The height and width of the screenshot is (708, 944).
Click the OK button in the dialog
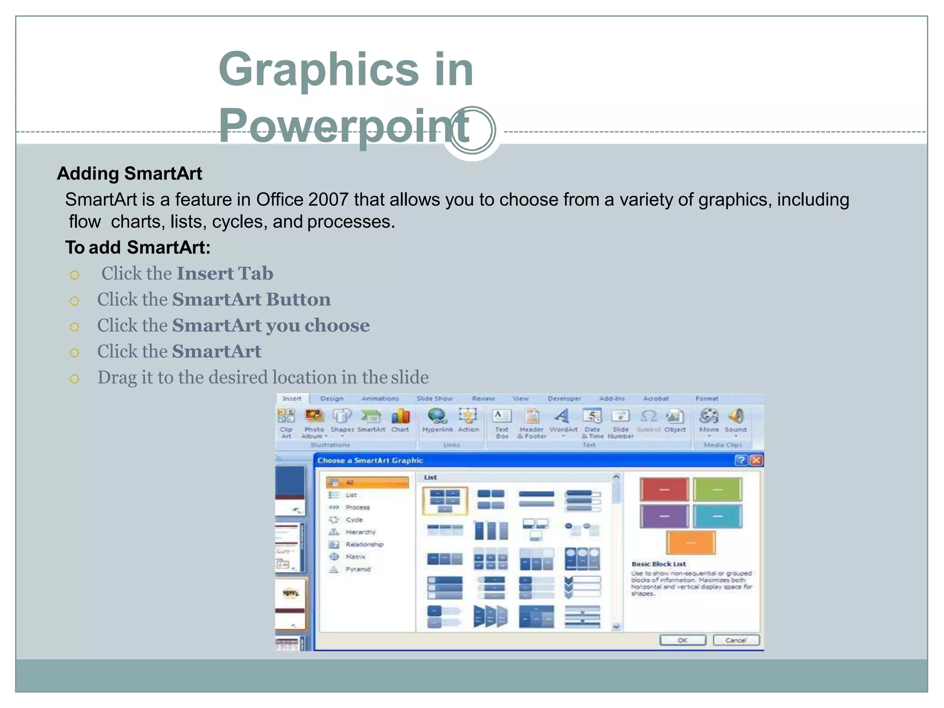682,640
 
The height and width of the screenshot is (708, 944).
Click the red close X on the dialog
756,460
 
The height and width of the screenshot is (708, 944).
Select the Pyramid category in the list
357,569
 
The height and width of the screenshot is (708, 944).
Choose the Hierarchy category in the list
360,532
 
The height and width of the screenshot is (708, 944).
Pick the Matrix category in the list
355,557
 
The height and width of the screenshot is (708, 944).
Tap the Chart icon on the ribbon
400,417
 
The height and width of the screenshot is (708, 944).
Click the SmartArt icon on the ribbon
371,417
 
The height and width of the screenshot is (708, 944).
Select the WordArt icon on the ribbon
562,417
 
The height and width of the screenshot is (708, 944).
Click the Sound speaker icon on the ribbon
736,416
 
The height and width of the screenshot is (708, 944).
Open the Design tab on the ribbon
331,399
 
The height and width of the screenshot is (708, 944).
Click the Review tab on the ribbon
483,399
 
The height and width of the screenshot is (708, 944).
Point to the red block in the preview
664,490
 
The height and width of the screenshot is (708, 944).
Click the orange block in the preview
690,543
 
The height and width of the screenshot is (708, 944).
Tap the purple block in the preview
664,516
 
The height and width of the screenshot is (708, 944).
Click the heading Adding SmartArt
130,174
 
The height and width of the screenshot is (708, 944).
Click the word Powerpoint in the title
343,125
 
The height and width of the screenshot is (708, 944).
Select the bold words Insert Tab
225,274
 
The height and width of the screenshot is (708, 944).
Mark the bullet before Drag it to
74,379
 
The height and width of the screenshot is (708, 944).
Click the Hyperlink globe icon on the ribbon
437,416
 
